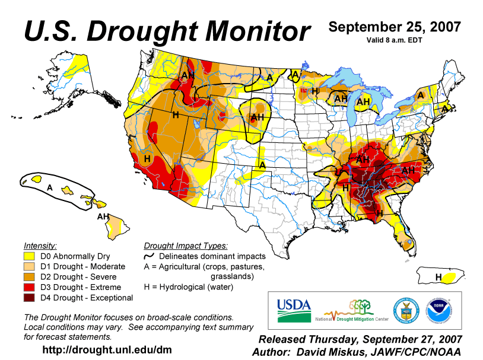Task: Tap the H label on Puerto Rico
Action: click(x=438, y=277)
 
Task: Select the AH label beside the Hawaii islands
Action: click(x=103, y=217)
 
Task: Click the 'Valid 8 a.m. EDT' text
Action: click(x=395, y=40)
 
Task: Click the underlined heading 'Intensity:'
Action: click(x=40, y=246)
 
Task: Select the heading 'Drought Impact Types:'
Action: click(x=186, y=246)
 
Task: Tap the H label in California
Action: click(x=147, y=158)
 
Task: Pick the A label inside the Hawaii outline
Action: click(x=50, y=187)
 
